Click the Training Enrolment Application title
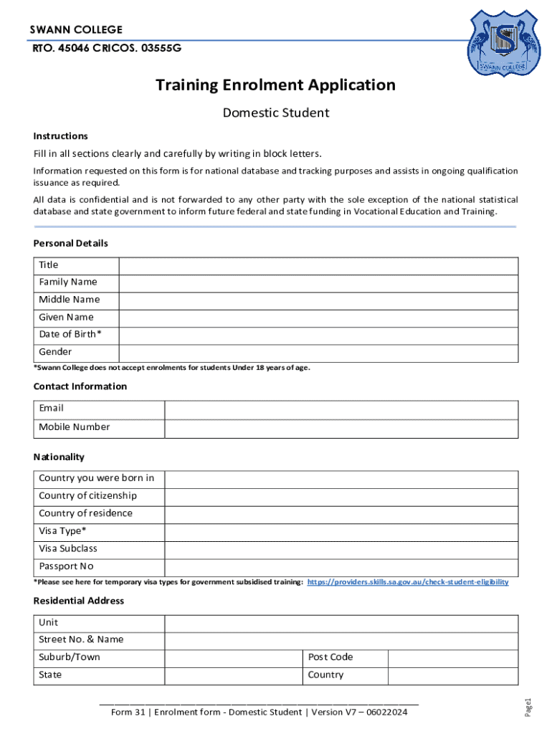pos(275,85)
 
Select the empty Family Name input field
pos(318,282)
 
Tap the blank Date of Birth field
pos(318,335)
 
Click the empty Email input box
pos(341,409)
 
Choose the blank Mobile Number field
pos(341,428)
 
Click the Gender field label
pos(55,352)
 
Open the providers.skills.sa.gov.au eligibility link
pos(407,582)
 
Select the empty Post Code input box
pos(452,658)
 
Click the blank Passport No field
pos(341,567)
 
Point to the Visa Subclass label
pos(68,549)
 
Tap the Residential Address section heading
pos(79,601)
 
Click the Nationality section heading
pos(59,457)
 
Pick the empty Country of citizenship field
pos(341,496)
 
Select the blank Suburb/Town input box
pos(233,658)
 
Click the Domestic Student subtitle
pos(275,113)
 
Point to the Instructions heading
pos(61,136)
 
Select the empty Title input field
pos(318,265)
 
